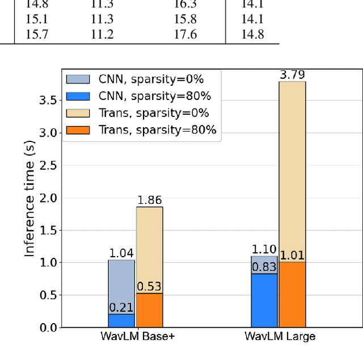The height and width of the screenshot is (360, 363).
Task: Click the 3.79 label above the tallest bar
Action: [293, 75]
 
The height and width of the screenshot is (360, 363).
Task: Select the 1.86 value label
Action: [149, 200]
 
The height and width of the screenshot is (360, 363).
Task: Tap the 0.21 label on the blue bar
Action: [121, 308]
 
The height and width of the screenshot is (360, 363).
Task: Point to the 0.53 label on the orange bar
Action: [149, 286]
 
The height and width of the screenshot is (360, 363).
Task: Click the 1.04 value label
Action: [121, 253]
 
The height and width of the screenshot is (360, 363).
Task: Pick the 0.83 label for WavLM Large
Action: [265, 266]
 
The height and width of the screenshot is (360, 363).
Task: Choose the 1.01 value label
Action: [293, 255]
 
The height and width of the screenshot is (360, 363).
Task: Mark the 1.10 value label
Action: [265, 249]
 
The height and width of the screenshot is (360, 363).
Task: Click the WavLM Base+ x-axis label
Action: [136, 336]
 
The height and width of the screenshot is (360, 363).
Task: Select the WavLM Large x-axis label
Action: [279, 336]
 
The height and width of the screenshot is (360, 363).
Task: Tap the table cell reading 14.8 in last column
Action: [252, 35]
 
